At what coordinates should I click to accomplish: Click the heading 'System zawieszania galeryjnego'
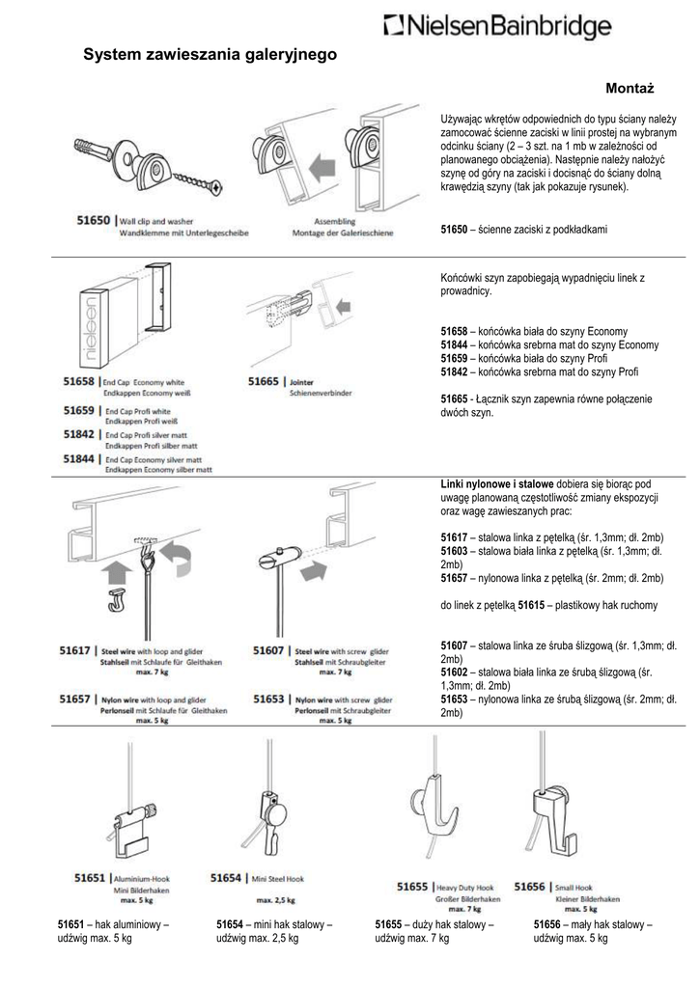[210, 56]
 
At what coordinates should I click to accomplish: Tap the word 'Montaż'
[630, 88]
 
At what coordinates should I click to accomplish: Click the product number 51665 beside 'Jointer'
[264, 382]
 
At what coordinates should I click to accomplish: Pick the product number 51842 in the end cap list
[79, 435]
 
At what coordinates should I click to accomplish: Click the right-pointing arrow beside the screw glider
[314, 570]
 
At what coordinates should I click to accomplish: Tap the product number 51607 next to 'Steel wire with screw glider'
[269, 650]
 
